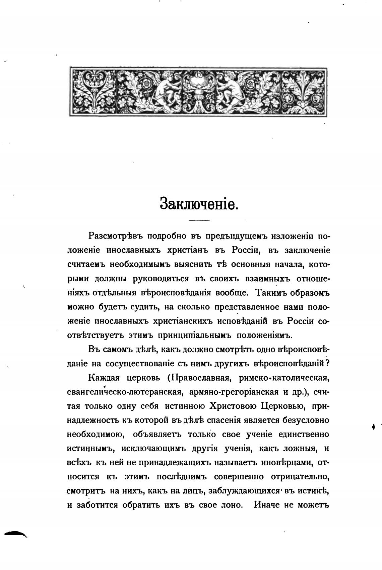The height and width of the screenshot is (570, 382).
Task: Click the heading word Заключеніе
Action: click(x=199, y=203)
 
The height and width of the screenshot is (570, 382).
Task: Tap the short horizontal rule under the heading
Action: click(x=199, y=220)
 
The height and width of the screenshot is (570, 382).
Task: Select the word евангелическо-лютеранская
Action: click(x=125, y=392)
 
